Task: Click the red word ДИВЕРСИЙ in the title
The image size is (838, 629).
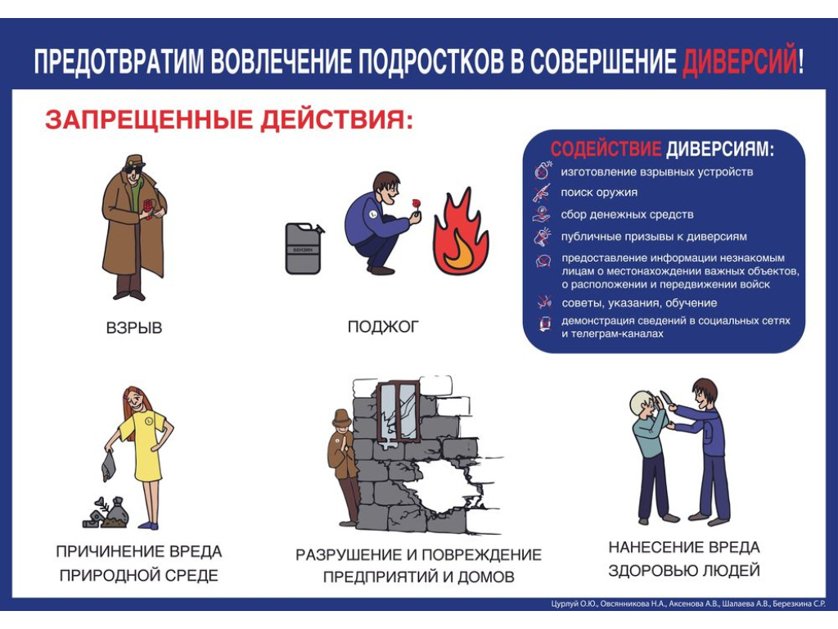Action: coord(739,61)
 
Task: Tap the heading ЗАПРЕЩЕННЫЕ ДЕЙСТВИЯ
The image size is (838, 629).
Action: coord(229,120)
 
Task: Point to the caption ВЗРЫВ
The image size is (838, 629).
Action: coord(133,328)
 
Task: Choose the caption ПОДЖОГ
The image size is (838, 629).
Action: coord(383,326)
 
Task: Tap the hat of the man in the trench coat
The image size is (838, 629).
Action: coord(135,161)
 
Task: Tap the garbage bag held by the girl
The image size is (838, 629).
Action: coord(109,466)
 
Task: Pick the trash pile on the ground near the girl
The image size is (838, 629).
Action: coord(106,513)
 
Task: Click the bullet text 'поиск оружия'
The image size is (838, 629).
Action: coord(598,192)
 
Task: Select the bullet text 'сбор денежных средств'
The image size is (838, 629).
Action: coord(627,215)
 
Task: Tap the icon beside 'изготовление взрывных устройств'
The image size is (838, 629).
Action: coord(543,170)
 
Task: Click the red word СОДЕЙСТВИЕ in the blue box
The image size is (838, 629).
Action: coord(606,148)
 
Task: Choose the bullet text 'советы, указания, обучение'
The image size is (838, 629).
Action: coord(639,303)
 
